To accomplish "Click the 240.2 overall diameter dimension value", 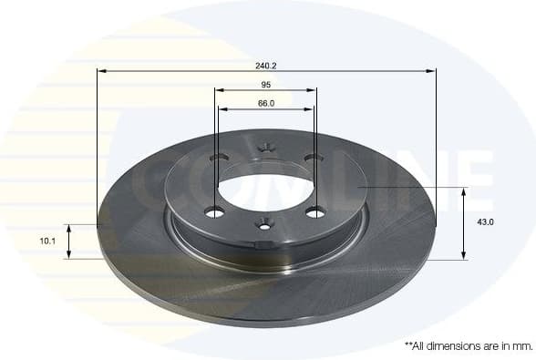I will point(266,66).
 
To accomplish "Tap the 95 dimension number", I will point(266,85).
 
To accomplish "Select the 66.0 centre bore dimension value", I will point(266,103).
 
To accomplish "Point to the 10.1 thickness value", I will point(48,242).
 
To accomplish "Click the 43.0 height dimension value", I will point(486,222).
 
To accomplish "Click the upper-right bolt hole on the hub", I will point(313,159).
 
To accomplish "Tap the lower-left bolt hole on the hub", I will point(216,214).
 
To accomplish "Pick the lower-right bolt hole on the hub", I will point(315,213).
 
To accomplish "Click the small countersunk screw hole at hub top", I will point(266,144).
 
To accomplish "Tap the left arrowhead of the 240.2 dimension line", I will point(101,70).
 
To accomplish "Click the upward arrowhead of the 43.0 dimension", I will point(465,192).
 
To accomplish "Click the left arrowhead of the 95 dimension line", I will point(220,89).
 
